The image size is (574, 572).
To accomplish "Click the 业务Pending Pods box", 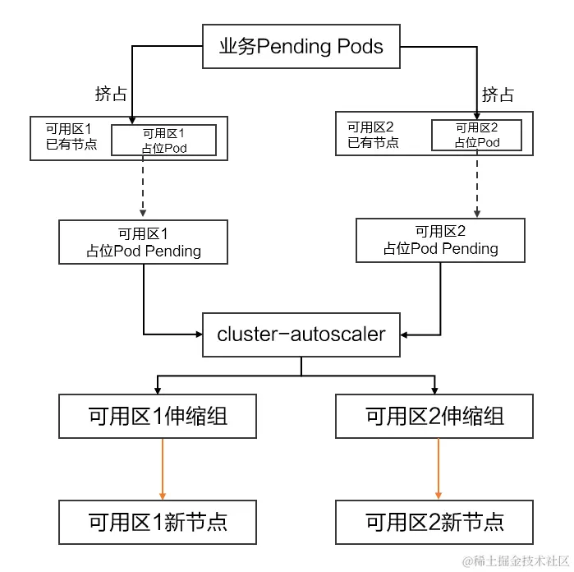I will click(x=301, y=46).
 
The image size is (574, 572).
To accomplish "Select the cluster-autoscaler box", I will click(x=301, y=334).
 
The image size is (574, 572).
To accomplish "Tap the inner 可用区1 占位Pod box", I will click(x=163, y=141).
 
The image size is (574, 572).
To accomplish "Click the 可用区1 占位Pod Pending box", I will click(x=144, y=242).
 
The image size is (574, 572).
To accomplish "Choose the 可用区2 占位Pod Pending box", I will click(x=440, y=240).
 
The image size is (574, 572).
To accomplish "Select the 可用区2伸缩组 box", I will click(x=434, y=417).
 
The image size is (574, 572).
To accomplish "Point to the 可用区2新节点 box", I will click(x=434, y=521).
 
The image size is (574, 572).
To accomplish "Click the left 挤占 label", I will click(x=111, y=94).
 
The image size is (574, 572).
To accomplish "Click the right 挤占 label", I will click(x=498, y=95).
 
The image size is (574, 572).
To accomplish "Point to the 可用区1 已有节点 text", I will click(x=71, y=137).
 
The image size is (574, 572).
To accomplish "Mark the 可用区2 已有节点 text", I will click(x=372, y=135).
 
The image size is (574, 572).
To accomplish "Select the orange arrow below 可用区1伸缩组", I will click(x=163, y=468).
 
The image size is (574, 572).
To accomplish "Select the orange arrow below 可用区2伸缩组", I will click(x=439, y=468).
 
